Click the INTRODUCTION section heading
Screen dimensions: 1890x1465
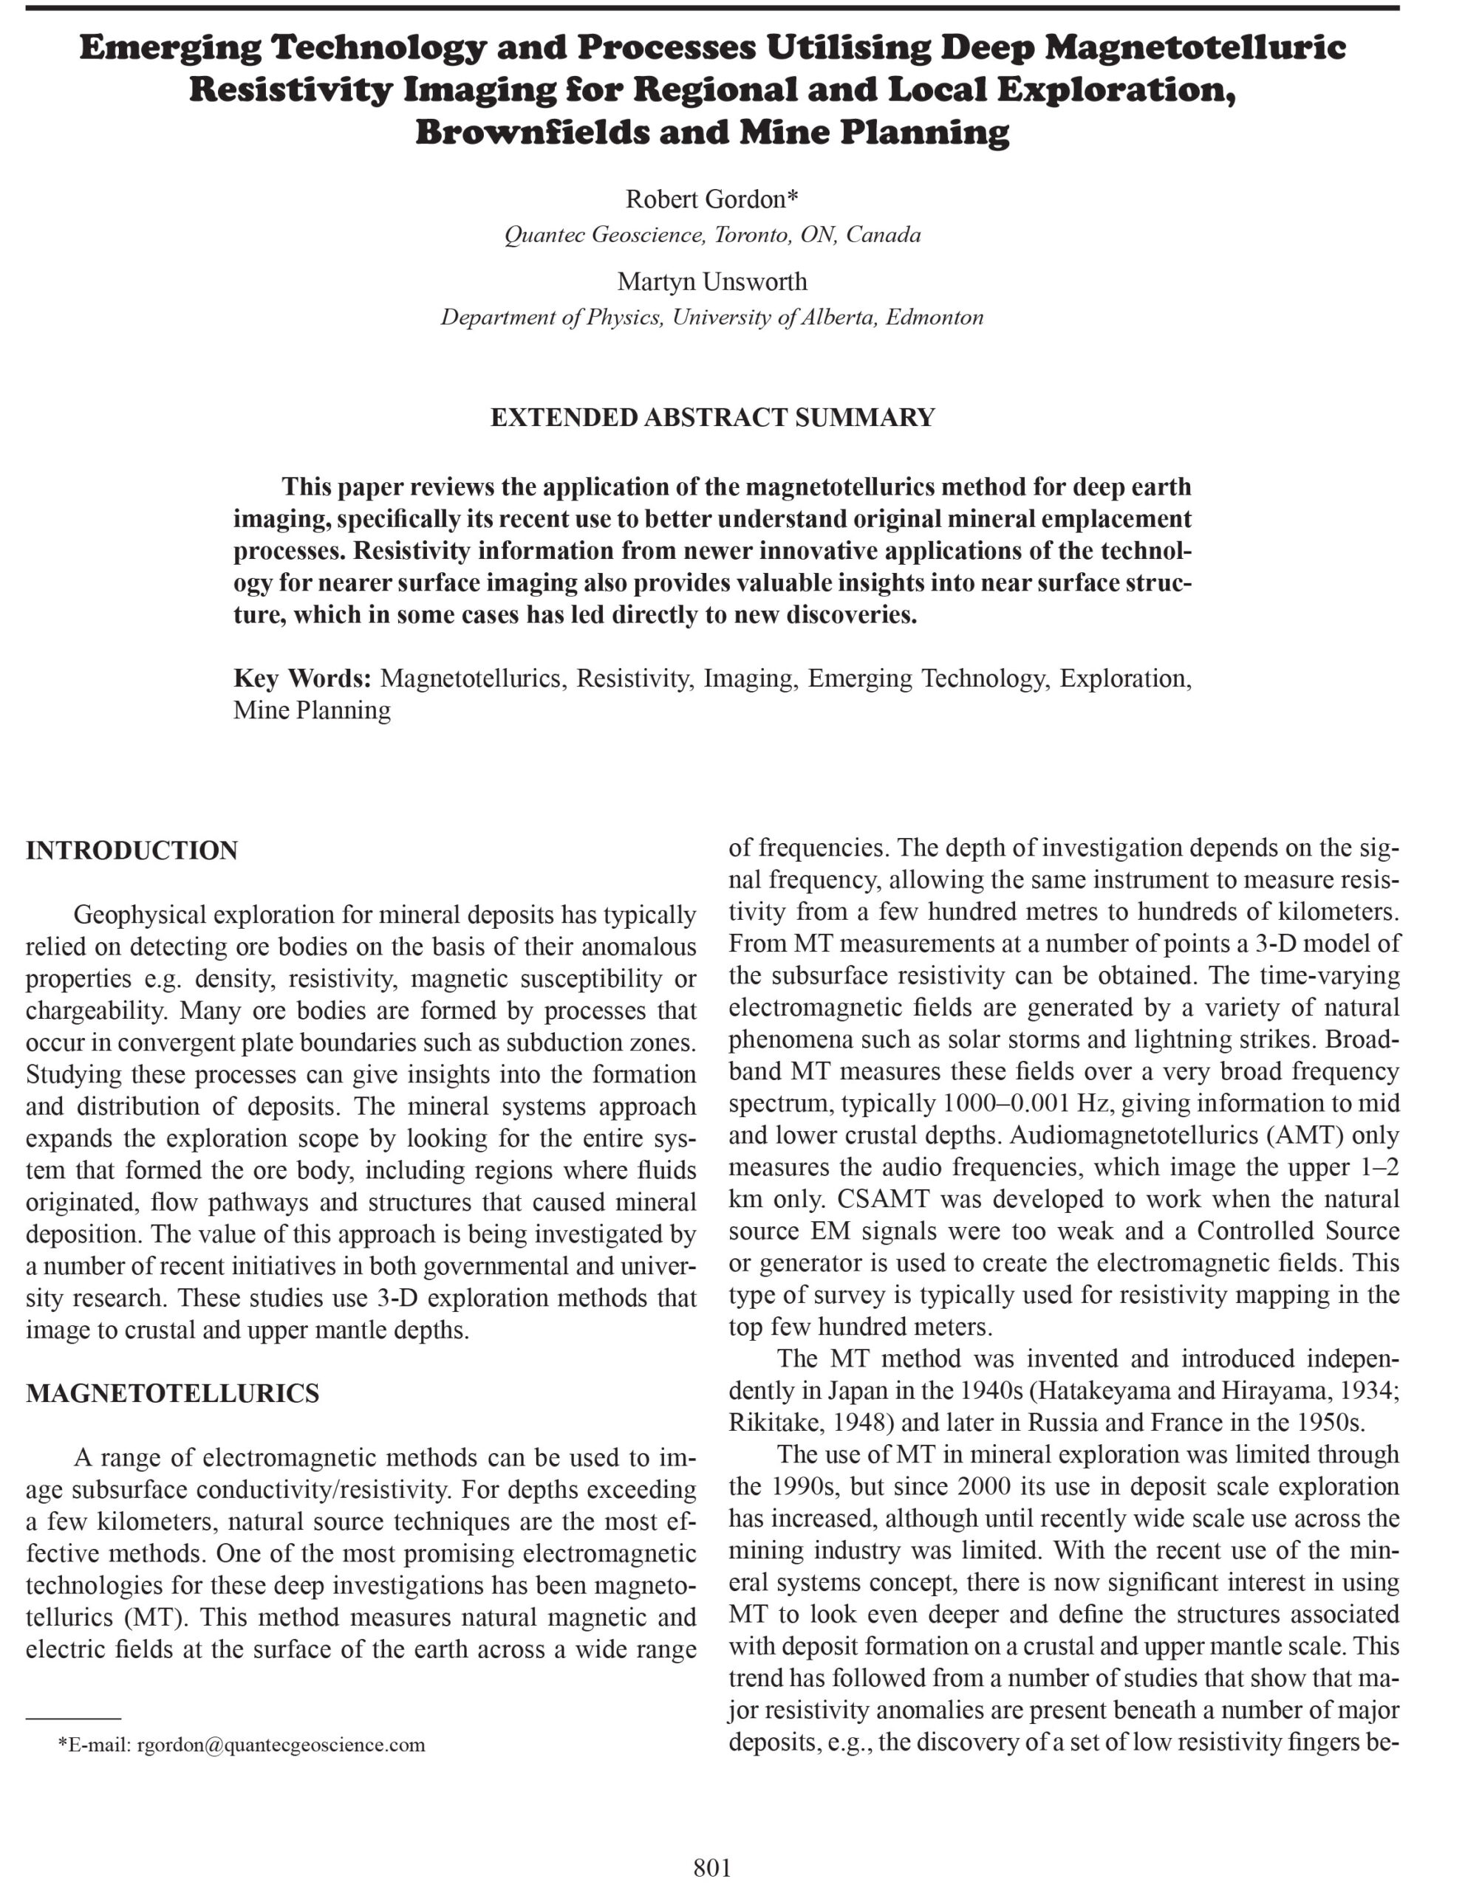click(x=132, y=850)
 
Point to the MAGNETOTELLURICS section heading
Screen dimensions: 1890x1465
click(x=172, y=1393)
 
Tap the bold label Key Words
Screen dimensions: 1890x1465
click(x=302, y=678)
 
